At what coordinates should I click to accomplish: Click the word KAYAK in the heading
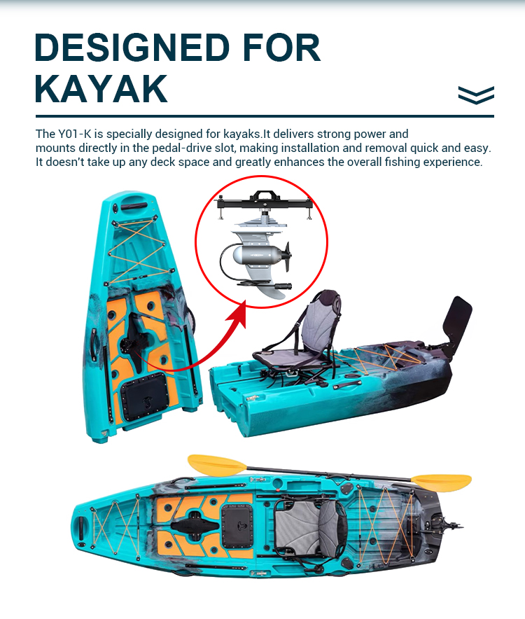pos(101,88)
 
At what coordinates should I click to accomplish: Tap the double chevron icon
pos(476,95)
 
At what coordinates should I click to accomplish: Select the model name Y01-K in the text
pos(75,134)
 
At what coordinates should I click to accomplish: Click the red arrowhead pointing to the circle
pos(239,312)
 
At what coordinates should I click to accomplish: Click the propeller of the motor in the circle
pos(287,257)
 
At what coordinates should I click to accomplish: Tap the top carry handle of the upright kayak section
pos(134,206)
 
